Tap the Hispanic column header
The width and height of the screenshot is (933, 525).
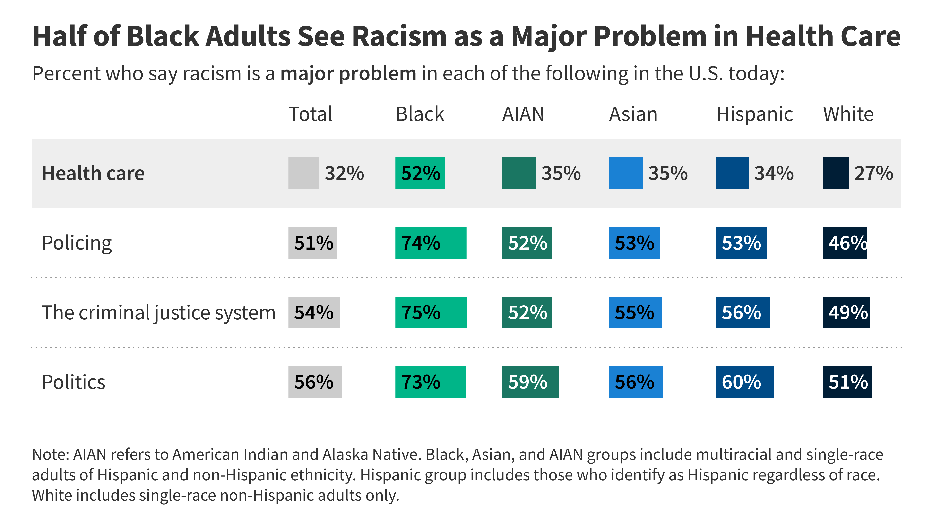[x=754, y=114]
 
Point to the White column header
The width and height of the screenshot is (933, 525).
[x=848, y=114]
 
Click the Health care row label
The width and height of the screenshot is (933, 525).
[x=93, y=173]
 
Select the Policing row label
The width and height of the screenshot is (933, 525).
[x=77, y=243]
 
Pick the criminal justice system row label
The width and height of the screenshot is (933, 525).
[x=158, y=312]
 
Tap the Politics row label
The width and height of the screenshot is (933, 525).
[x=74, y=382]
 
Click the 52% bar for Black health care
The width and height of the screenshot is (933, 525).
[x=420, y=173]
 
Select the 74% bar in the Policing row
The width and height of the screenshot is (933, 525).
[x=430, y=243]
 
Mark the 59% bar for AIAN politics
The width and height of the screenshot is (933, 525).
[x=530, y=382]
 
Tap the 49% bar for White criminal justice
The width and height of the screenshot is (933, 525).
[x=846, y=312]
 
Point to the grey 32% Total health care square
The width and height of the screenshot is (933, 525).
[x=303, y=173]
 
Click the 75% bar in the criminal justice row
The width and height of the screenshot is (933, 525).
[x=431, y=312]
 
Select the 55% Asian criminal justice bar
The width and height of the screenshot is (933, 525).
[x=635, y=312]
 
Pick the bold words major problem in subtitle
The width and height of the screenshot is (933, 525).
[x=348, y=74]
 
